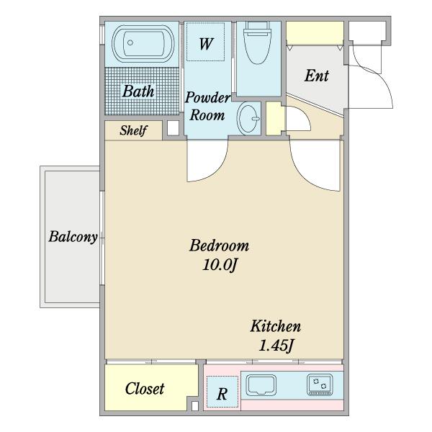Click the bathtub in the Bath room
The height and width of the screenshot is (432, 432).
tap(143, 43)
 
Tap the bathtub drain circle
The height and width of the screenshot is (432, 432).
tap(130, 42)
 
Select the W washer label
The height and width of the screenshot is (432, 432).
tap(206, 43)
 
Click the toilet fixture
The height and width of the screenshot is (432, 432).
tap(257, 42)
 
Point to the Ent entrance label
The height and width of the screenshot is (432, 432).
tap(317, 76)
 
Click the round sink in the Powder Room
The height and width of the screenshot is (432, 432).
tap(248, 119)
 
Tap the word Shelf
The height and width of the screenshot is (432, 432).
tap(133, 130)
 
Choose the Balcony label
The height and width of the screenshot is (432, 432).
tap(73, 237)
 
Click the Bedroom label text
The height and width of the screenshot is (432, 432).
tap(219, 246)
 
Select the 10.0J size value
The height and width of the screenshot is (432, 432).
tap(220, 265)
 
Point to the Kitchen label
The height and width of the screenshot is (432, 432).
tap(275, 326)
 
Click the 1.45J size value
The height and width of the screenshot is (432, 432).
tap(276, 345)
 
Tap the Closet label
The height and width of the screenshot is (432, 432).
tap(145, 389)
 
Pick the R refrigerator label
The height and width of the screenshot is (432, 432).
tap(222, 394)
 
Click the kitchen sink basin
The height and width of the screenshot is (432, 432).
tap(261, 385)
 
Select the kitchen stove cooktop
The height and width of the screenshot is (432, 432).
tap(320, 384)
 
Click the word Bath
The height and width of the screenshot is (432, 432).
tap(138, 91)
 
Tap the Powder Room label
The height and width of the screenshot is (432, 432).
tap(208, 106)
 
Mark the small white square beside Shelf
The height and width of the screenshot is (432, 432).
tap(173, 128)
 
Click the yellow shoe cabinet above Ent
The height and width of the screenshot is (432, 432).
tap(315, 32)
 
